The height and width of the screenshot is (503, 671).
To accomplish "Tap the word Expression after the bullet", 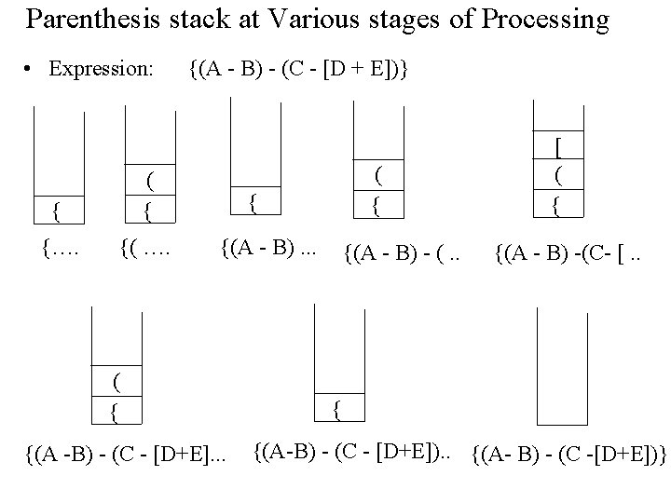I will [101, 68].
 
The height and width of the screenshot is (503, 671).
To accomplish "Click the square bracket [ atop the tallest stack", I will [557, 147].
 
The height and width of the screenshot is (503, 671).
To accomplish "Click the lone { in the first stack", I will [58, 212].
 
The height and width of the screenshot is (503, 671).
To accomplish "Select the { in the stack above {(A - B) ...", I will [251, 199].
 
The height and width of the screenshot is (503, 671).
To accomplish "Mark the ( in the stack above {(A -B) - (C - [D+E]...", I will [116, 381].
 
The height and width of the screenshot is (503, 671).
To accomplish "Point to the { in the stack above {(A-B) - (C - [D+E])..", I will [337, 407].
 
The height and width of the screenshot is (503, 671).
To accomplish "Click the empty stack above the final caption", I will [563, 368].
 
